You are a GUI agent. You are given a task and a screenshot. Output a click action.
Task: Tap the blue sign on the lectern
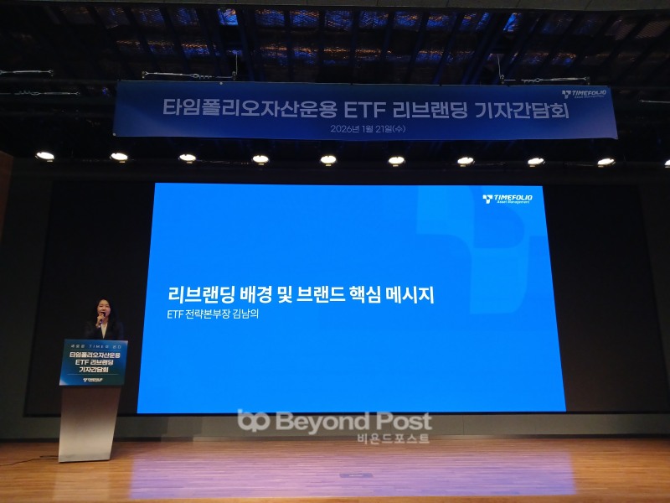click(x=93, y=362)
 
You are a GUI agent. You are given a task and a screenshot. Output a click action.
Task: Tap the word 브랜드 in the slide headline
click(x=311, y=295)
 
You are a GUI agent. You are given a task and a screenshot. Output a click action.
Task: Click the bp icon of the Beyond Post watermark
click(x=253, y=422)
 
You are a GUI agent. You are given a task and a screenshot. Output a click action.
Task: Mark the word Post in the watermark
click(x=400, y=421)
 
